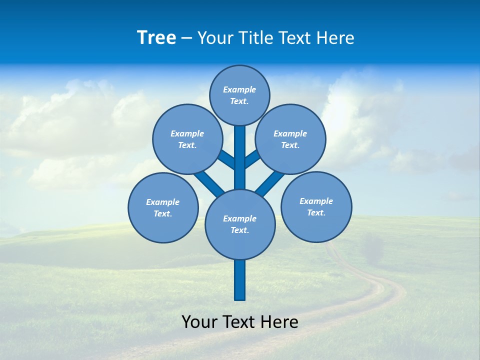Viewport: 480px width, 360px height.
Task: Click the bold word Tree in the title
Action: tap(156, 37)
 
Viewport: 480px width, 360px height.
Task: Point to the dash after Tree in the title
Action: tap(186, 38)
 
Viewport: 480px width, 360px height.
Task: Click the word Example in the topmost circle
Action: tap(239, 90)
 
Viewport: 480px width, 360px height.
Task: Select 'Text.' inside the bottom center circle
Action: tap(239, 230)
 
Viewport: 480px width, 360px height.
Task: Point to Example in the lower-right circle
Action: tap(316, 201)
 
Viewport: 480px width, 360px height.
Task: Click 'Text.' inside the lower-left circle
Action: tap(162, 214)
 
